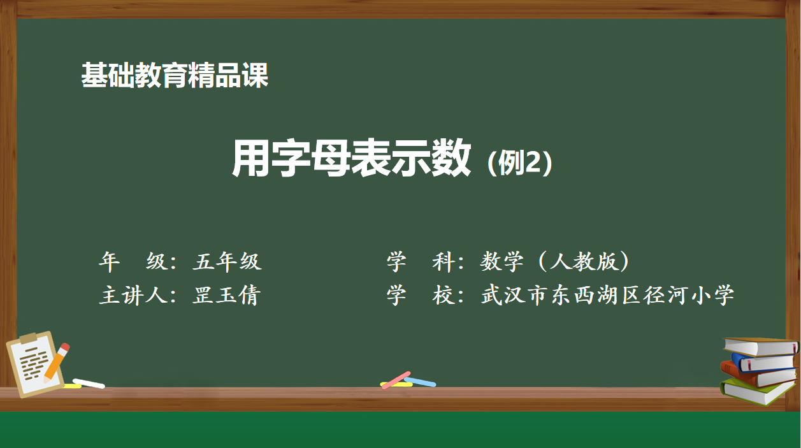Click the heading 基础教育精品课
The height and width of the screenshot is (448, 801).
[x=175, y=75]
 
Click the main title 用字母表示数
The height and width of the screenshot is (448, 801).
[x=351, y=158]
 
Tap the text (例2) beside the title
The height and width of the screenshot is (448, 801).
[x=520, y=163]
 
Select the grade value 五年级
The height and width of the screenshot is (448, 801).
[x=227, y=261]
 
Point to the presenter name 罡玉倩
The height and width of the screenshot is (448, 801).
[x=226, y=295]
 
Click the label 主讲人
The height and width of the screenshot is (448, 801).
[x=133, y=295]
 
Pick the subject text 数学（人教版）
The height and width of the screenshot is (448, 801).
[x=554, y=261]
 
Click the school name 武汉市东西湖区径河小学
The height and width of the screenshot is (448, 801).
[x=607, y=295]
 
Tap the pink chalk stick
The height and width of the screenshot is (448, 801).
[x=396, y=380]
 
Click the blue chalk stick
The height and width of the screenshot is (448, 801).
[x=421, y=382]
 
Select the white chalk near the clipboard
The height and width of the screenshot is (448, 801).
[x=89, y=383]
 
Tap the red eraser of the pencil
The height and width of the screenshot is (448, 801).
[x=65, y=347]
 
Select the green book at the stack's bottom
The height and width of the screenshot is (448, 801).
[x=755, y=392]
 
